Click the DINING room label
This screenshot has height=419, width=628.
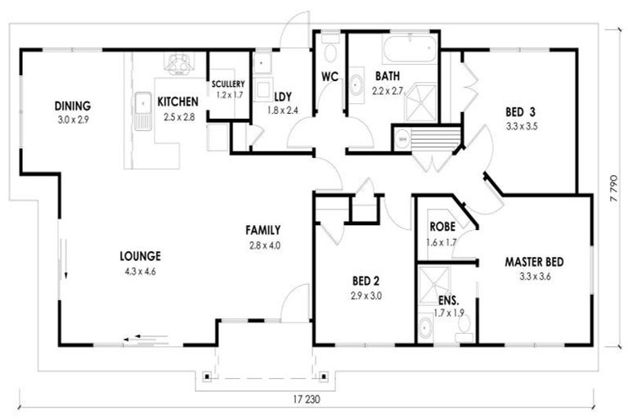(x=72, y=106)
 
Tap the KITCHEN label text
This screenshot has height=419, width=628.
(x=177, y=101)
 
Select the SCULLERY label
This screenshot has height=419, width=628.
(x=227, y=83)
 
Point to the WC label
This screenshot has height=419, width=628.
(x=330, y=78)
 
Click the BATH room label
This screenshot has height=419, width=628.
(x=388, y=78)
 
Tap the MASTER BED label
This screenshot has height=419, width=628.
(x=534, y=262)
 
